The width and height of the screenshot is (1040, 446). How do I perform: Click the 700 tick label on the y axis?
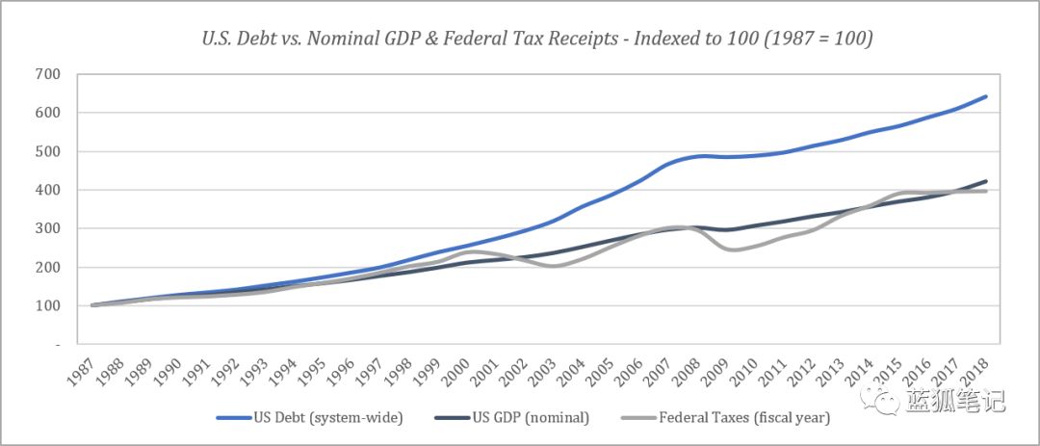coord(46,74)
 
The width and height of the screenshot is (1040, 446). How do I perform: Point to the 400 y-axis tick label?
coord(46,190)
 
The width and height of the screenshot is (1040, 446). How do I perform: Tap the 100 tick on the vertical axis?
coord(46,305)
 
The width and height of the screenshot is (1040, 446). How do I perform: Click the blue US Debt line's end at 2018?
coord(986,96)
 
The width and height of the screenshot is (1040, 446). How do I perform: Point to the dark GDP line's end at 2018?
coord(986,181)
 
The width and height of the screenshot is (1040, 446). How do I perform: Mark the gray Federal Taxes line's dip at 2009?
coord(733,249)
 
